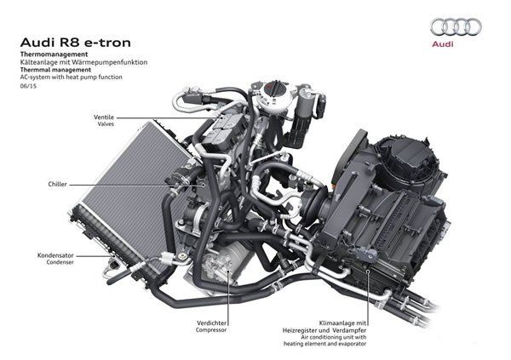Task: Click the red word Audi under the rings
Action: coord(452,43)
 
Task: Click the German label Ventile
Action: coord(105,115)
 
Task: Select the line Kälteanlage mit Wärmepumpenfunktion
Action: coord(84,62)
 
